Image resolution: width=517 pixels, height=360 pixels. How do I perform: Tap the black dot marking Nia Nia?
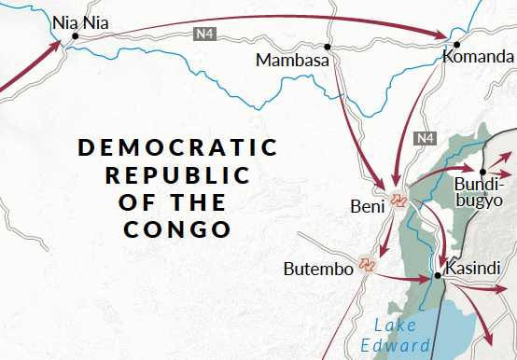[75, 36]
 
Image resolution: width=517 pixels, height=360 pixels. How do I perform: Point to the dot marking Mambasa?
[328, 47]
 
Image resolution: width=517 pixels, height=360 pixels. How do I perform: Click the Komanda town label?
[477, 58]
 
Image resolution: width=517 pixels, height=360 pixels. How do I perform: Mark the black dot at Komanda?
[457, 44]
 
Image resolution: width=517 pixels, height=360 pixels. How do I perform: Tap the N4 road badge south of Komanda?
[426, 138]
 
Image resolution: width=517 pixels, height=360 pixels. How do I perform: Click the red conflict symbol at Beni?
[399, 200]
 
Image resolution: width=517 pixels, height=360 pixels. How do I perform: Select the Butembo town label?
[318, 270]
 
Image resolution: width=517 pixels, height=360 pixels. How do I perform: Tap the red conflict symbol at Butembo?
[367, 265]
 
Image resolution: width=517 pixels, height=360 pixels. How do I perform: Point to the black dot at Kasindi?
[437, 276]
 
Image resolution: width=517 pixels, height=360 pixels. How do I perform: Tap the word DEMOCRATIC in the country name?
[177, 147]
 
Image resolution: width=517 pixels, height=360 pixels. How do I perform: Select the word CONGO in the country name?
[177, 228]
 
